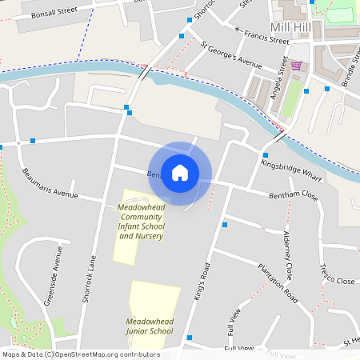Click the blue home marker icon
[180, 173]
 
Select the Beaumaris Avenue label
[50, 184]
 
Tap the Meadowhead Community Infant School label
[141, 222]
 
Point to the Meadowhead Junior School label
[150, 326]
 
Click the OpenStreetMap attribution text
[80, 354]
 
